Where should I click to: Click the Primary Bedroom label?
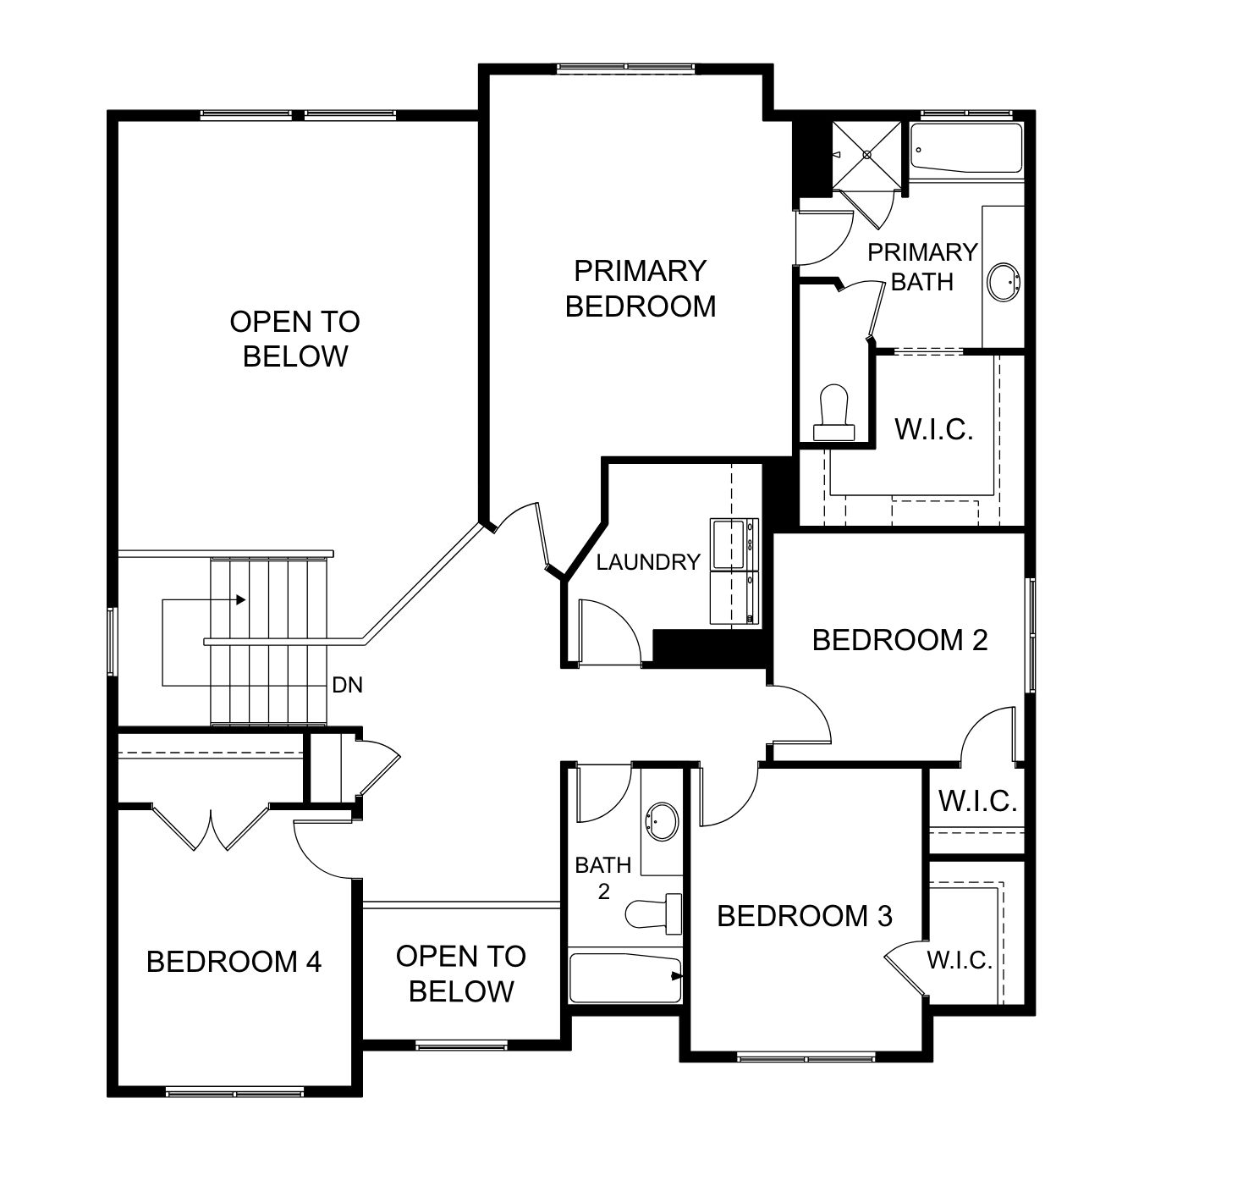click(x=640, y=289)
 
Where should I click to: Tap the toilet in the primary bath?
click(x=833, y=411)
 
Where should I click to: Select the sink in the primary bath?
click(x=1004, y=282)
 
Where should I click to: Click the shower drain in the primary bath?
click(x=866, y=155)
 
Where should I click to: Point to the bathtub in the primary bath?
click(x=965, y=148)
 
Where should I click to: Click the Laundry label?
click(x=648, y=562)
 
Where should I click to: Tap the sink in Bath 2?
click(x=662, y=822)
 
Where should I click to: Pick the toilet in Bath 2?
click(x=653, y=913)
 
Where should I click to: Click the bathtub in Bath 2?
click(x=625, y=978)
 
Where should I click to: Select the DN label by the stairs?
click(x=347, y=685)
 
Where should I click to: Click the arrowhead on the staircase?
click(x=241, y=599)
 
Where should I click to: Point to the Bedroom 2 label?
click(x=899, y=640)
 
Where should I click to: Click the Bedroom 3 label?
click(x=805, y=916)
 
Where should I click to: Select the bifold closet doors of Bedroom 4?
click(x=211, y=827)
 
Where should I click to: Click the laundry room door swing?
click(x=609, y=632)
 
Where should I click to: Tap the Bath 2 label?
click(x=602, y=878)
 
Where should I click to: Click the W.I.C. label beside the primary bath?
click(x=934, y=429)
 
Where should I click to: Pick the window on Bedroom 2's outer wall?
click(x=1030, y=635)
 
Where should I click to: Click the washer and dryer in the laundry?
click(x=734, y=571)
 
